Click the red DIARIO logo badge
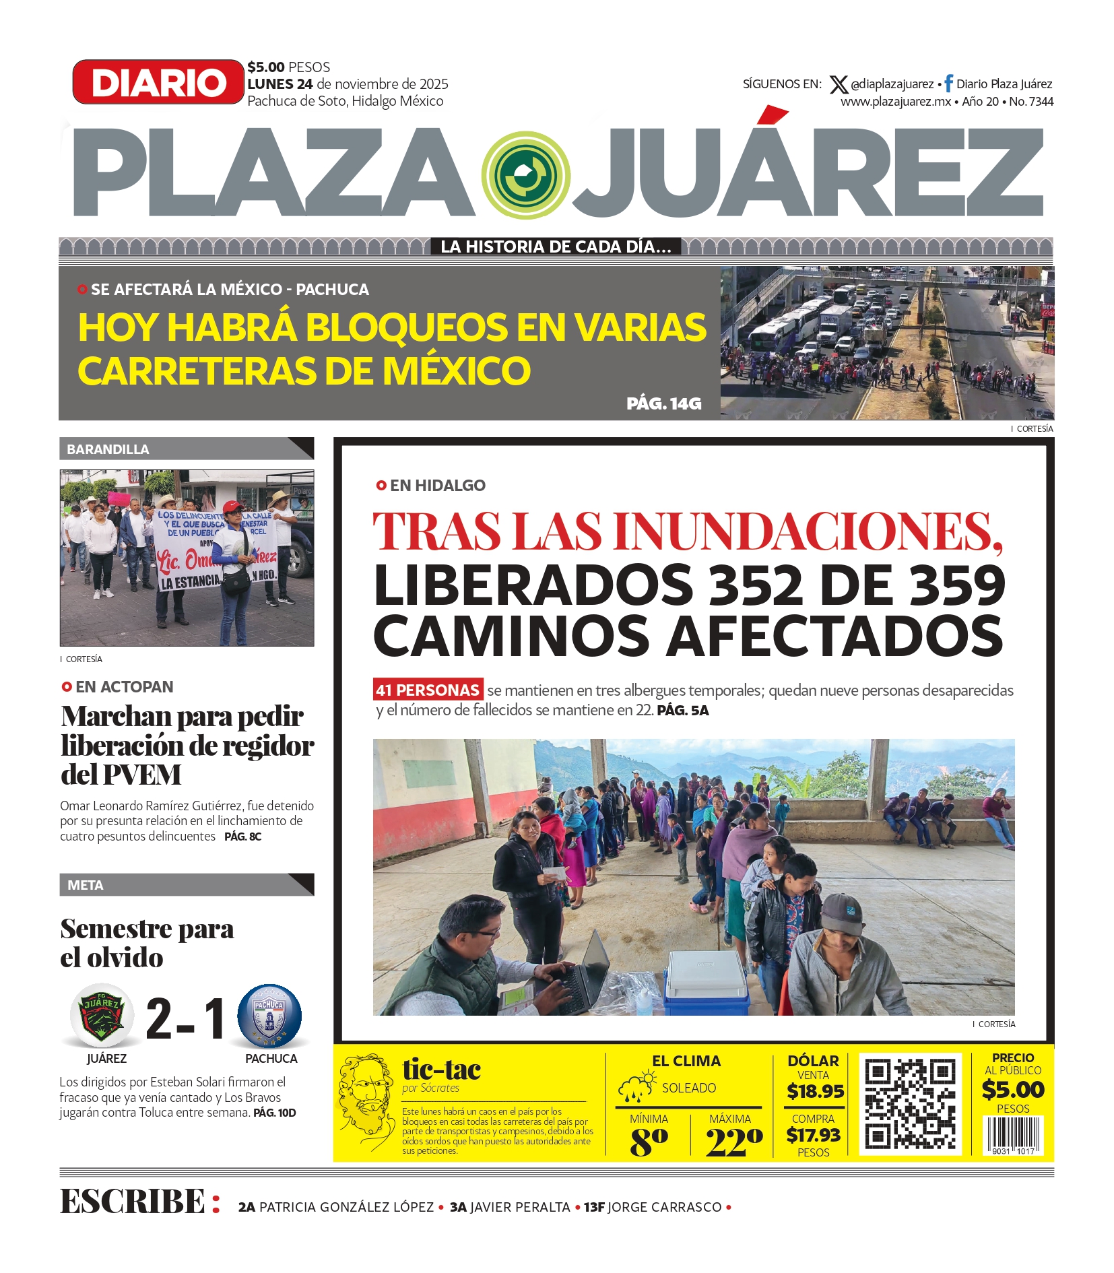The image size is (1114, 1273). point(158,82)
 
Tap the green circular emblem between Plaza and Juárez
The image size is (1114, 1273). point(526,175)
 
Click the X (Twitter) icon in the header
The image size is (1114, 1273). point(838,84)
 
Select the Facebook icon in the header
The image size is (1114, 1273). point(948,84)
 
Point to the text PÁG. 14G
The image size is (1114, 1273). point(663,403)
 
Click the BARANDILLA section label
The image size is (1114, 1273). point(108,449)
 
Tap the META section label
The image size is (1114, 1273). point(86,885)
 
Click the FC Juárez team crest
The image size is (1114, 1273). point(102,1016)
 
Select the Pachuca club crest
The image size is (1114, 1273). point(269,1016)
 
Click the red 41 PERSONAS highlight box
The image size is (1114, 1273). point(428,690)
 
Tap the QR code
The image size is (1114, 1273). point(910,1104)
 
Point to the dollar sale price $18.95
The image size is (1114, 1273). point(815,1091)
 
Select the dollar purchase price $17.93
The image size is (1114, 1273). point(813,1135)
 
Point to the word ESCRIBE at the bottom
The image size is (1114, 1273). point(133,1201)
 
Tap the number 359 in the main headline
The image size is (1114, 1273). point(957,584)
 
